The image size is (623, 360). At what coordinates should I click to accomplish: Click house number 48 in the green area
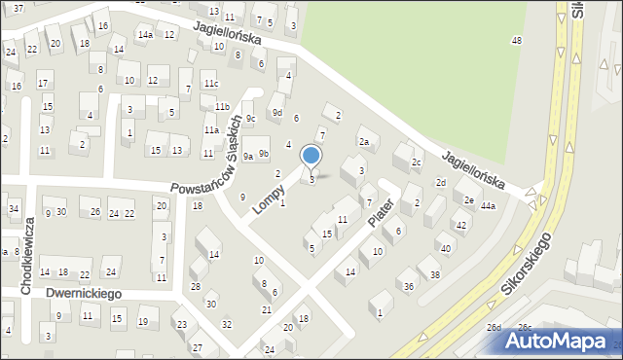(x=516, y=40)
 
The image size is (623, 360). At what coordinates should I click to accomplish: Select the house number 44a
(x=488, y=206)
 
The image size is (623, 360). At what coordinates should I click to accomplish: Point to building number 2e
(x=468, y=199)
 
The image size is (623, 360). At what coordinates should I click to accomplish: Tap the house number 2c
(x=417, y=162)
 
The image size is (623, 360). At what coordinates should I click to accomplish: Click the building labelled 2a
(x=364, y=142)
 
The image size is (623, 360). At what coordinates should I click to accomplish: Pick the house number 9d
(x=277, y=113)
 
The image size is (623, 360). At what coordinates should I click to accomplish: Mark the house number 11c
(x=211, y=84)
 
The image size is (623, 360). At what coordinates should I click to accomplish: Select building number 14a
(x=145, y=35)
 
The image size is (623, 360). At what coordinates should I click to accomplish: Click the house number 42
(x=460, y=225)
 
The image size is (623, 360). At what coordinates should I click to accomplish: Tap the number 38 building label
(x=434, y=275)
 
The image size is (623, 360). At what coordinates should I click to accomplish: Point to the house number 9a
(x=248, y=156)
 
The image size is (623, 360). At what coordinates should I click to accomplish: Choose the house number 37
(x=18, y=8)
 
